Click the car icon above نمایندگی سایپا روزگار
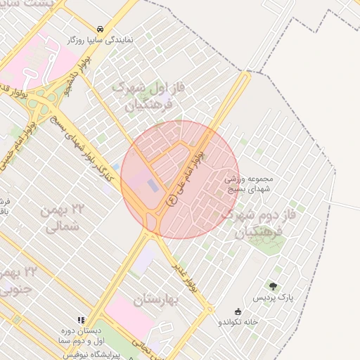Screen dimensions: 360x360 [101, 30]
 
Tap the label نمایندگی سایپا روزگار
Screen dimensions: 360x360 [101, 41]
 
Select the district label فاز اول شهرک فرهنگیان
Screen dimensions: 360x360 [148, 97]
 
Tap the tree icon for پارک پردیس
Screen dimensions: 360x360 [274, 285]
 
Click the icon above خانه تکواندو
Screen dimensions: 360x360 [237, 312]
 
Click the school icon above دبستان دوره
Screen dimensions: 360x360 [81, 319]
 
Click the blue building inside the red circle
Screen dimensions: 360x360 [153, 186]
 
